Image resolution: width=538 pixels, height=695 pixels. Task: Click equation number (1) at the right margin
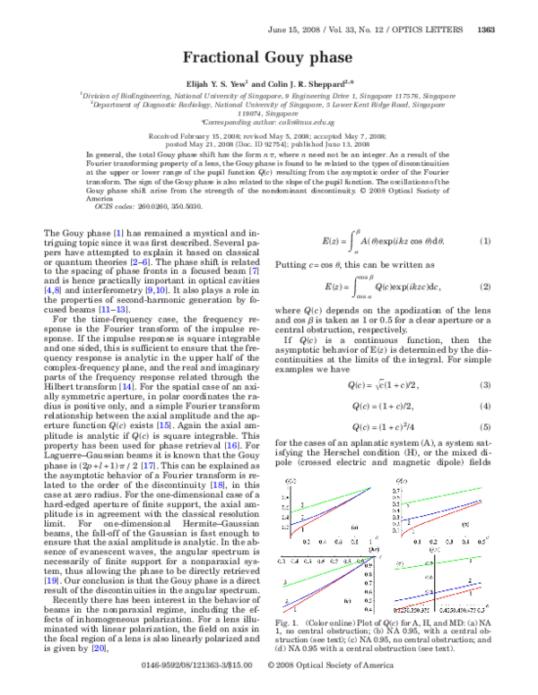pos(485,243)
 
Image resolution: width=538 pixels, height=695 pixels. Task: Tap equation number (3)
pos(485,360)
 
